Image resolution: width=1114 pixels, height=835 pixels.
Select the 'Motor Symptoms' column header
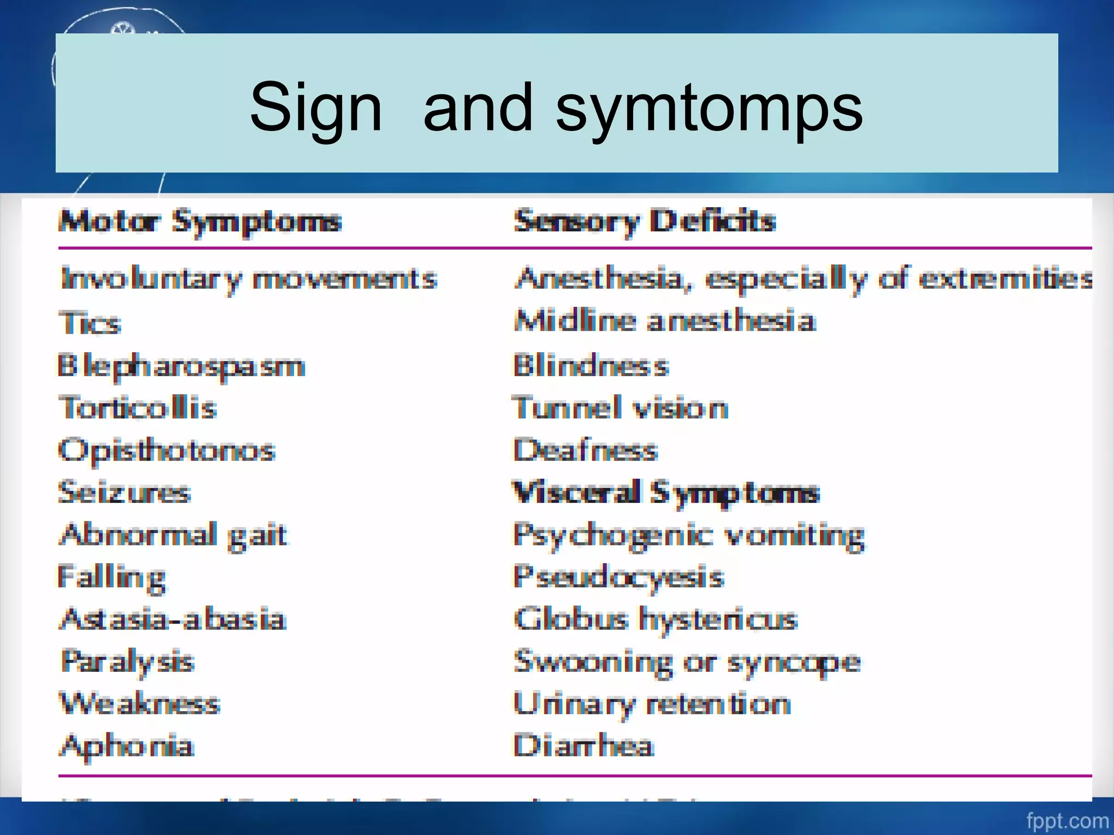(x=200, y=222)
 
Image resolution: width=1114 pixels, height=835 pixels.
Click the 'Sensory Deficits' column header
(x=645, y=222)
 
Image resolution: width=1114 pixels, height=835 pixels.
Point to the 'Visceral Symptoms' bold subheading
(x=666, y=493)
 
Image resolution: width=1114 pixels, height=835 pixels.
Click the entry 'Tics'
(x=90, y=323)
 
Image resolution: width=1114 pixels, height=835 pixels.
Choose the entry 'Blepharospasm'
(x=181, y=366)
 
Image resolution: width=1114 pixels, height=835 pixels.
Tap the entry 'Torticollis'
(x=138, y=408)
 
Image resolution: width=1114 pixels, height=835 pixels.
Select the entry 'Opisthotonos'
(x=167, y=451)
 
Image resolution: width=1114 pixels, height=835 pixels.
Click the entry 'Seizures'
(x=125, y=493)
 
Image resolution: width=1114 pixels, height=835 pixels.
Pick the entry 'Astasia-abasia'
(x=173, y=619)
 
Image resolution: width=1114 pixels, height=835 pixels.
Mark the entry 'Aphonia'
(x=126, y=745)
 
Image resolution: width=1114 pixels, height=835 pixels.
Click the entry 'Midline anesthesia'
(x=665, y=321)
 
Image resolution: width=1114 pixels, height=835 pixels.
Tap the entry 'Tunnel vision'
(x=621, y=408)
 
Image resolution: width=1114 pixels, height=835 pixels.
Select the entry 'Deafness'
(x=586, y=450)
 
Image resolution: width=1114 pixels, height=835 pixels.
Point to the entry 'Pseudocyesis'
(x=619, y=577)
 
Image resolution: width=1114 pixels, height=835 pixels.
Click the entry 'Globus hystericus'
(x=655, y=619)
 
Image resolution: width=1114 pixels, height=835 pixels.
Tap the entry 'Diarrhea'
(x=583, y=745)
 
